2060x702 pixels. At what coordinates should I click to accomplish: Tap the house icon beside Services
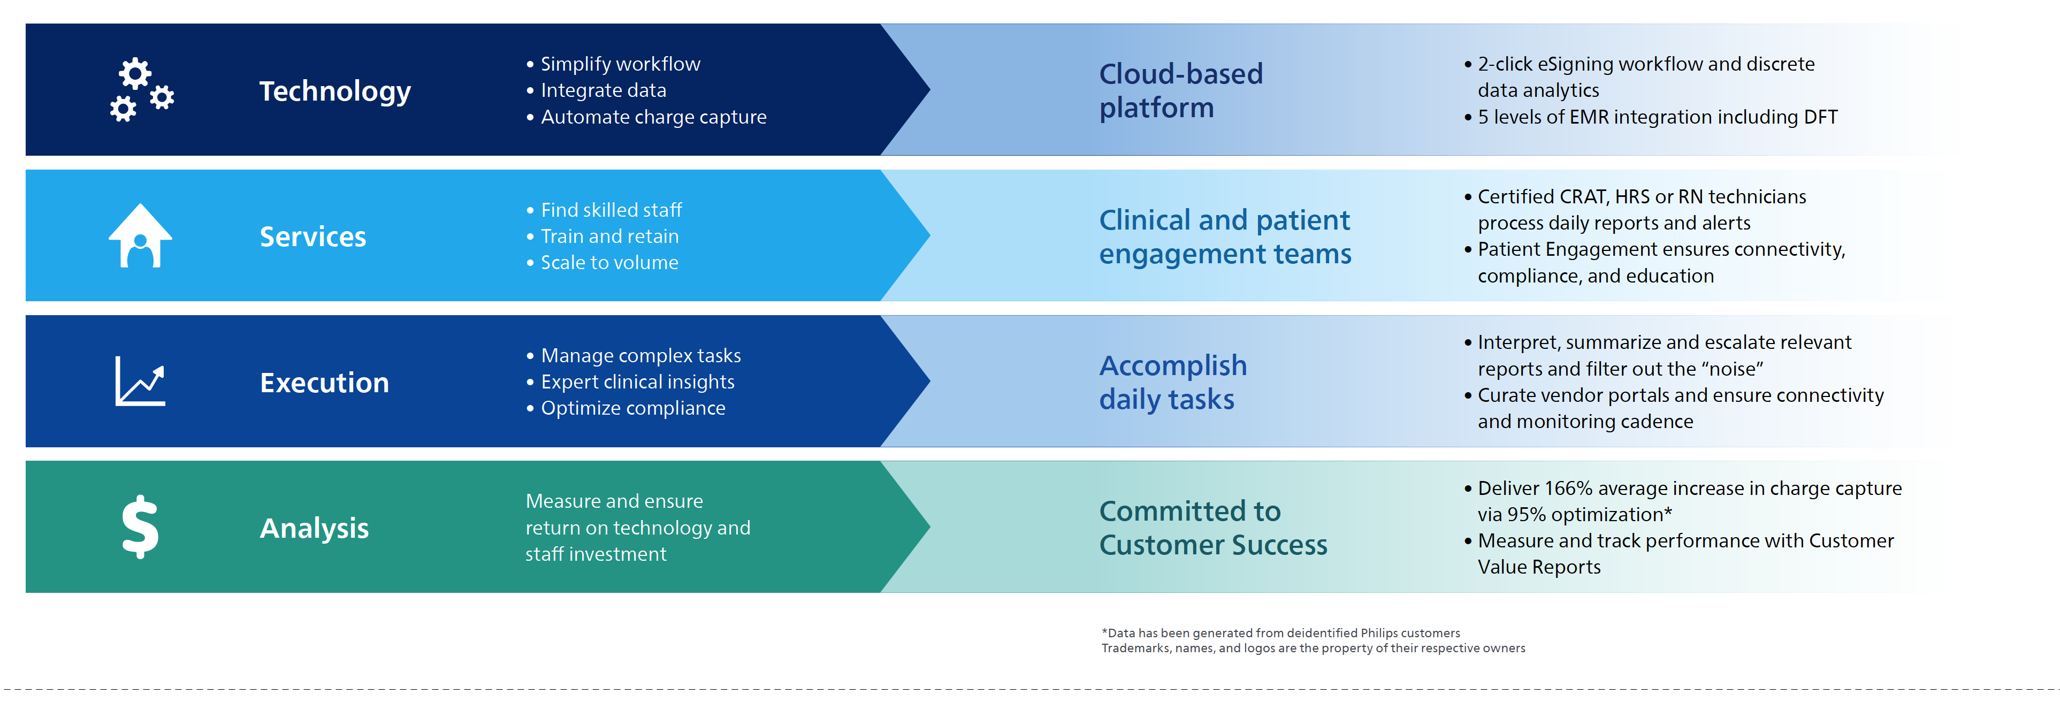pyautogui.click(x=140, y=236)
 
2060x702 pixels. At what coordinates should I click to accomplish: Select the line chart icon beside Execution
pyautogui.click(x=140, y=381)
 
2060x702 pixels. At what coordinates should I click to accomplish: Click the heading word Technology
pyautogui.click(x=335, y=91)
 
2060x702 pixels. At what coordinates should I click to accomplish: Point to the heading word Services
pyautogui.click(x=312, y=236)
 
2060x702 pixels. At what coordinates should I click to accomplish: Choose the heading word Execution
pyautogui.click(x=324, y=383)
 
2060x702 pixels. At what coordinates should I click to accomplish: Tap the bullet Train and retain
pyautogui.click(x=609, y=236)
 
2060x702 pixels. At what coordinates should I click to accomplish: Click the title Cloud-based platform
pyautogui.click(x=1180, y=90)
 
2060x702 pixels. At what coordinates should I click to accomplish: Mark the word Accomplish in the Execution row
pyautogui.click(x=1172, y=366)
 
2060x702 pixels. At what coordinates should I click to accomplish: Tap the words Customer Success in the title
pyautogui.click(x=1212, y=545)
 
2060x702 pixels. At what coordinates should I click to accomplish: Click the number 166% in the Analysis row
pyautogui.click(x=1568, y=489)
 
